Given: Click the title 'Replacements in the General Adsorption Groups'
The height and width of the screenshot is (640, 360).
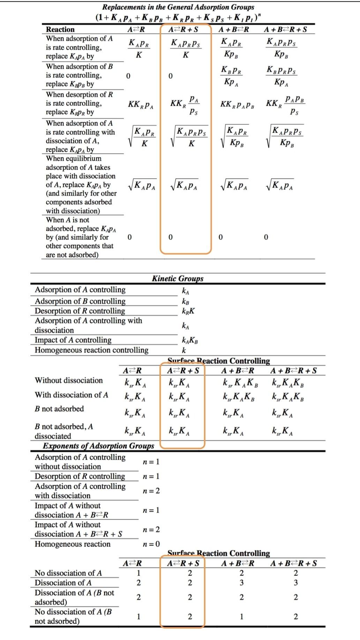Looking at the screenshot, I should (178, 7).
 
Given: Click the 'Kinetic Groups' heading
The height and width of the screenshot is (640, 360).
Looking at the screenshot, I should (178, 278).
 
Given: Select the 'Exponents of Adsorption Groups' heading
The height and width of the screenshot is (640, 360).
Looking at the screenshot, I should (98, 446).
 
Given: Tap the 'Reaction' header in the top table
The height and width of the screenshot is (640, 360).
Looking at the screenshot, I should (60, 29).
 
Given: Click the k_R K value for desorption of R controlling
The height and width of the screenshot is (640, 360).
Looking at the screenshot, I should (188, 311).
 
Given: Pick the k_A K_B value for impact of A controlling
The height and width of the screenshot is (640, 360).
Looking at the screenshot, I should (190, 340).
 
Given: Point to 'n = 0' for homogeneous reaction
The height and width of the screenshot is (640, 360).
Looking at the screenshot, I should (151, 544).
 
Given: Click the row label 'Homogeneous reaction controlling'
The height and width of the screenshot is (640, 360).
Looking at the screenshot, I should (91, 350).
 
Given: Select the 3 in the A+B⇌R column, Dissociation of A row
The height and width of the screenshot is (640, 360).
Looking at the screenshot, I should (241, 582).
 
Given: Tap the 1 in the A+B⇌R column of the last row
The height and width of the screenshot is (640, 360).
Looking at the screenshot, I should (241, 616).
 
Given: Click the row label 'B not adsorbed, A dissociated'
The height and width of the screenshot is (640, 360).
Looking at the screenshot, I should (64, 431).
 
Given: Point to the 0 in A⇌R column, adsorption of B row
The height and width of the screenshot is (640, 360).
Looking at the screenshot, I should (128, 76).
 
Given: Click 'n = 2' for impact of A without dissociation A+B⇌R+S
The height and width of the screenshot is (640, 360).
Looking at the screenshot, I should (151, 529).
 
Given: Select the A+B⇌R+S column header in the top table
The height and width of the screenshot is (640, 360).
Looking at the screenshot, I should (285, 29).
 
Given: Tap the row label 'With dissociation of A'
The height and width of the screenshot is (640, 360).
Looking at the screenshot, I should (71, 395).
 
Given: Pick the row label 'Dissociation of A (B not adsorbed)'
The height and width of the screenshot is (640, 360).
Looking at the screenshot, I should (74, 597).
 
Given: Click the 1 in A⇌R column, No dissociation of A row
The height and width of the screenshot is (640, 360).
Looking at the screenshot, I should (138, 573).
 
